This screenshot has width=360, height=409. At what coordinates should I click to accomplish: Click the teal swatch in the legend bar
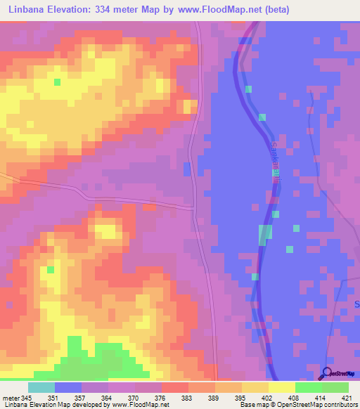[41, 387]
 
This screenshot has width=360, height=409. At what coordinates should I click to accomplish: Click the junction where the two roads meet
[195, 207]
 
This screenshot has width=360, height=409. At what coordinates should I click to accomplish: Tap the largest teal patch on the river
[265, 235]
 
